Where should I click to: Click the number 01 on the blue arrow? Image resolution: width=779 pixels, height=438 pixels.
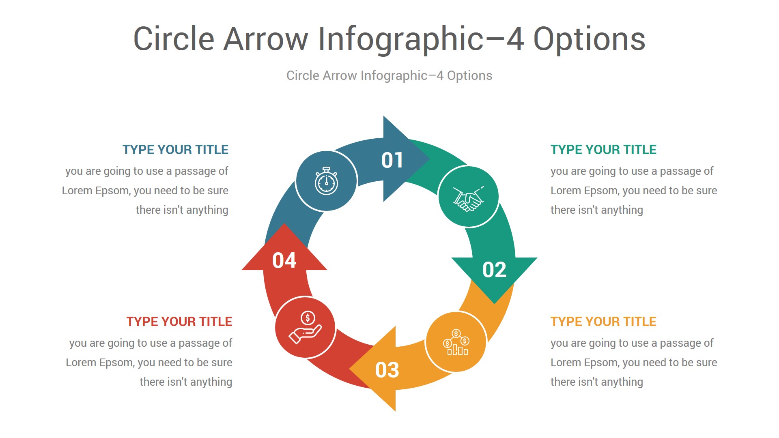pyautogui.click(x=392, y=160)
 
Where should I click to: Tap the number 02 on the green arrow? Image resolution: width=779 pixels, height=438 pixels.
pyautogui.click(x=494, y=270)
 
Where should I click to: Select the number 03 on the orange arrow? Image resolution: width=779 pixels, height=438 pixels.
pyautogui.click(x=387, y=370)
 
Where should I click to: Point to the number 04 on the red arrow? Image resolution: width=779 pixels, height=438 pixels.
pyautogui.click(x=284, y=260)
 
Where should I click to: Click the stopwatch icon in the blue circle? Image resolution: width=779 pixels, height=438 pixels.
pyautogui.click(x=326, y=181)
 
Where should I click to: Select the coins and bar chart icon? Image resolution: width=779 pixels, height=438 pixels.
pyautogui.click(x=456, y=342)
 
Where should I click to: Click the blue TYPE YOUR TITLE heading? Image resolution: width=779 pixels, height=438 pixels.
pyautogui.click(x=175, y=150)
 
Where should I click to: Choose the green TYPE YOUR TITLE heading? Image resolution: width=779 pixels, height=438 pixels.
pyautogui.click(x=603, y=150)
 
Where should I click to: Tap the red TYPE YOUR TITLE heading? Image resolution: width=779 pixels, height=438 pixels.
pyautogui.click(x=179, y=322)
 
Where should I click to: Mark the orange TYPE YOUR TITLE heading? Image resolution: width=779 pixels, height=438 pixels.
pyautogui.click(x=603, y=322)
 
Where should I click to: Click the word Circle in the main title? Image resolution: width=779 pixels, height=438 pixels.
pyautogui.click(x=174, y=39)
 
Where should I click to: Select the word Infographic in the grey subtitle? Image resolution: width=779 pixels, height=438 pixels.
pyautogui.click(x=394, y=76)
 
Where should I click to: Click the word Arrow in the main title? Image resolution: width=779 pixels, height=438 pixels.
pyautogui.click(x=266, y=39)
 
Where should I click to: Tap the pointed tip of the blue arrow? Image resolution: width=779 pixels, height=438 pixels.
pyautogui.click(x=430, y=159)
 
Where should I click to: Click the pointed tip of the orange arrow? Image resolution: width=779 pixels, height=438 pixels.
pyautogui.click(x=349, y=369)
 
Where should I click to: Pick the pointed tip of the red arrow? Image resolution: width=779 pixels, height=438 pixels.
pyautogui.click(x=284, y=223)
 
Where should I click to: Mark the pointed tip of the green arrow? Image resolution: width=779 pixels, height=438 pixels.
pyautogui.click(x=494, y=304)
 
